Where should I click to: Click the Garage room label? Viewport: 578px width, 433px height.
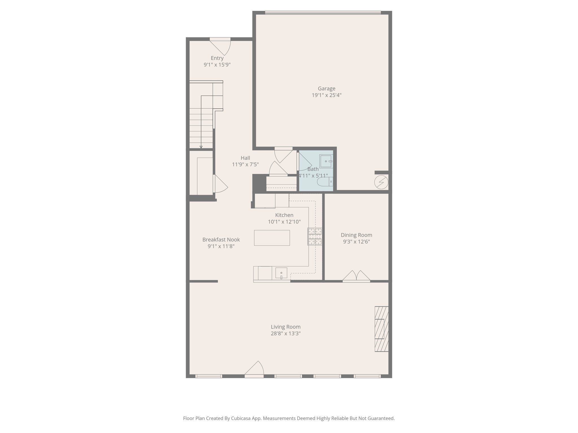coord(327,89)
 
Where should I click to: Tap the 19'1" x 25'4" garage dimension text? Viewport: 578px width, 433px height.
coord(327,95)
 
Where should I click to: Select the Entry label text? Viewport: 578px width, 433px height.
coord(217,58)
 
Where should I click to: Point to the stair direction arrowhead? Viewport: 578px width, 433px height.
coord(201,147)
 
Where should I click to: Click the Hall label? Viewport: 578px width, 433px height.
coord(245,158)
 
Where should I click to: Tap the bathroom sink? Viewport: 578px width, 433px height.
coord(326,161)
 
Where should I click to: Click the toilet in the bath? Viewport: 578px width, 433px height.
coord(325,182)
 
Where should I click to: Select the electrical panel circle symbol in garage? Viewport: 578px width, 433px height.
coord(381,183)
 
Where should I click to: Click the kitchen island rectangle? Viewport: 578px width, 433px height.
coord(272,238)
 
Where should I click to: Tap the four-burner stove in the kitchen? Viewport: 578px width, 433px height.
coord(315,237)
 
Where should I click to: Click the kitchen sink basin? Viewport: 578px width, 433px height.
coord(281,273)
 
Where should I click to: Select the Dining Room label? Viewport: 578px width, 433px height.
coord(356,235)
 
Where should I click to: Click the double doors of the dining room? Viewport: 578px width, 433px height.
coord(356,276)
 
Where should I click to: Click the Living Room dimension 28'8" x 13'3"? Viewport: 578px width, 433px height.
coord(286,333)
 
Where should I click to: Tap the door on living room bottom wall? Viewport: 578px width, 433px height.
coord(255,369)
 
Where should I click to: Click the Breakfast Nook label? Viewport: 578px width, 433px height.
coord(221,240)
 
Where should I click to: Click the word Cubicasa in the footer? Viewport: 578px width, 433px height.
coord(241,418)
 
